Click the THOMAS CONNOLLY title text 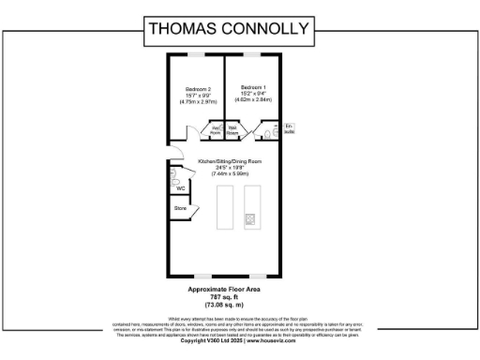pyautogui.click(x=229, y=28)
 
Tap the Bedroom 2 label pyautogui.click(x=195, y=88)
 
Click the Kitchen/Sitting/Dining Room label pyautogui.click(x=229, y=162)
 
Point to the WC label pyautogui.click(x=180, y=188)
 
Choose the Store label pyautogui.click(x=180, y=208)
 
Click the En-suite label pyautogui.click(x=289, y=128)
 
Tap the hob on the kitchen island pyautogui.click(x=250, y=219)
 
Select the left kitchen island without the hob pyautogui.click(x=225, y=206)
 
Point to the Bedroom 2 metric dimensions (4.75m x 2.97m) pyautogui.click(x=195, y=99)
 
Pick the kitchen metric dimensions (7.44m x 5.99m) pyautogui.click(x=229, y=173)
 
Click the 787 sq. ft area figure pyautogui.click(x=229, y=297)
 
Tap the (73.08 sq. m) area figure pyautogui.click(x=229, y=305)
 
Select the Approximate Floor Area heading pyautogui.click(x=229, y=290)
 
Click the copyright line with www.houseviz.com pyautogui.click(x=229, y=340)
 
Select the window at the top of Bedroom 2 pyautogui.click(x=195, y=54)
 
